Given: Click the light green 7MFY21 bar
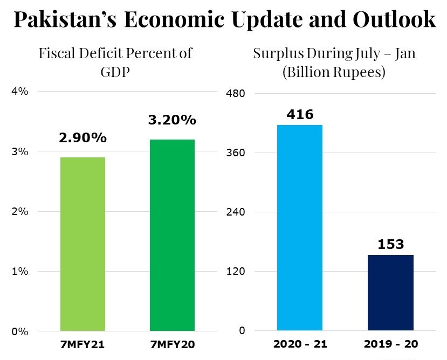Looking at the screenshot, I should (x=82, y=244).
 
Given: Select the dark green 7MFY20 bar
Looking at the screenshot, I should (x=172, y=235).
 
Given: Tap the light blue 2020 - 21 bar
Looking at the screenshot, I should (x=299, y=227).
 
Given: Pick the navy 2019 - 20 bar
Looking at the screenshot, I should (x=390, y=292).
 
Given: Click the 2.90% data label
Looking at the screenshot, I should (x=82, y=138).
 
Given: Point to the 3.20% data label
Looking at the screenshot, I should (x=172, y=120).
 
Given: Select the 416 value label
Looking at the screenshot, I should (x=300, y=114).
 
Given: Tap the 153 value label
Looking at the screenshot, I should (x=390, y=244).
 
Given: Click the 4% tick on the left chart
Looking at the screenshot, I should (x=19, y=92).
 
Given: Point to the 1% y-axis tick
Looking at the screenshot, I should (x=19, y=272).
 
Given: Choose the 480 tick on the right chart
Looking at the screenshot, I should (x=235, y=94).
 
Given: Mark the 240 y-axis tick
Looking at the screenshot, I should (x=235, y=212).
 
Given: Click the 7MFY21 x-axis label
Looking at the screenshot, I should (x=82, y=343).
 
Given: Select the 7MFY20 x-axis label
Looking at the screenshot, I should (x=172, y=343).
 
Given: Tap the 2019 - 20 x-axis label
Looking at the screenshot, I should (x=390, y=343).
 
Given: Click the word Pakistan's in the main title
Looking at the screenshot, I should (x=62, y=20).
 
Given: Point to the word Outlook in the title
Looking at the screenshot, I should (x=394, y=20).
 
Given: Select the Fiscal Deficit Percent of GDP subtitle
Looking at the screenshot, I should (x=115, y=63).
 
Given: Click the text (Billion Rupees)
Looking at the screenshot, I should (x=334, y=72).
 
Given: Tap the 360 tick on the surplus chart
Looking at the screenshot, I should (x=235, y=153).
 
